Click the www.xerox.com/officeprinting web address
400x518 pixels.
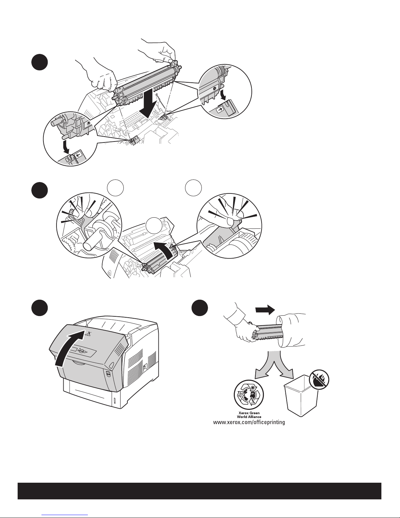tap(249, 423)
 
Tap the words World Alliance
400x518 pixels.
tap(249, 417)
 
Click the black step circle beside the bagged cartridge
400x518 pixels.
tap(200, 309)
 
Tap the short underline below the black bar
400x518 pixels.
tap(65, 514)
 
